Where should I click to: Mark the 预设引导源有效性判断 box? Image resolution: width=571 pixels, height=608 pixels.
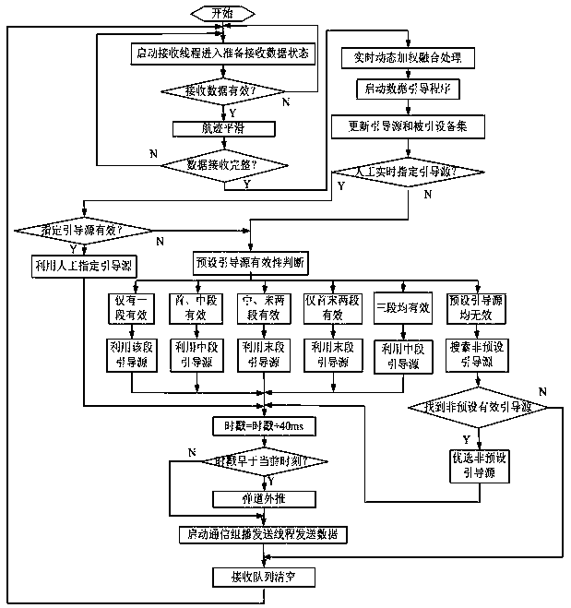tap(250, 262)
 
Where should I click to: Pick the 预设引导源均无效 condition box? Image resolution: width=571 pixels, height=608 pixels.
tap(477, 306)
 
